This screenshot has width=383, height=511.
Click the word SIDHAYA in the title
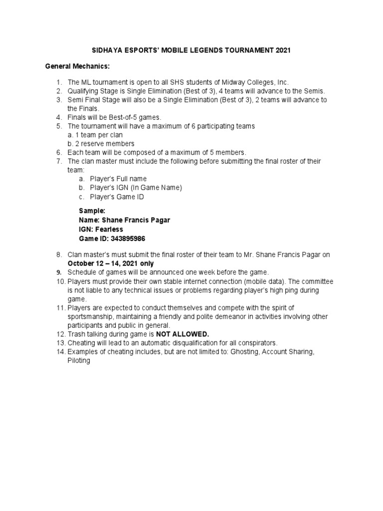click(x=106, y=50)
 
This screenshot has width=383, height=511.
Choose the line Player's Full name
click(x=118, y=179)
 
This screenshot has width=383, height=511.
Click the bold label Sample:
click(x=92, y=211)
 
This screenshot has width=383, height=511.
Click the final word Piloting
click(x=79, y=360)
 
